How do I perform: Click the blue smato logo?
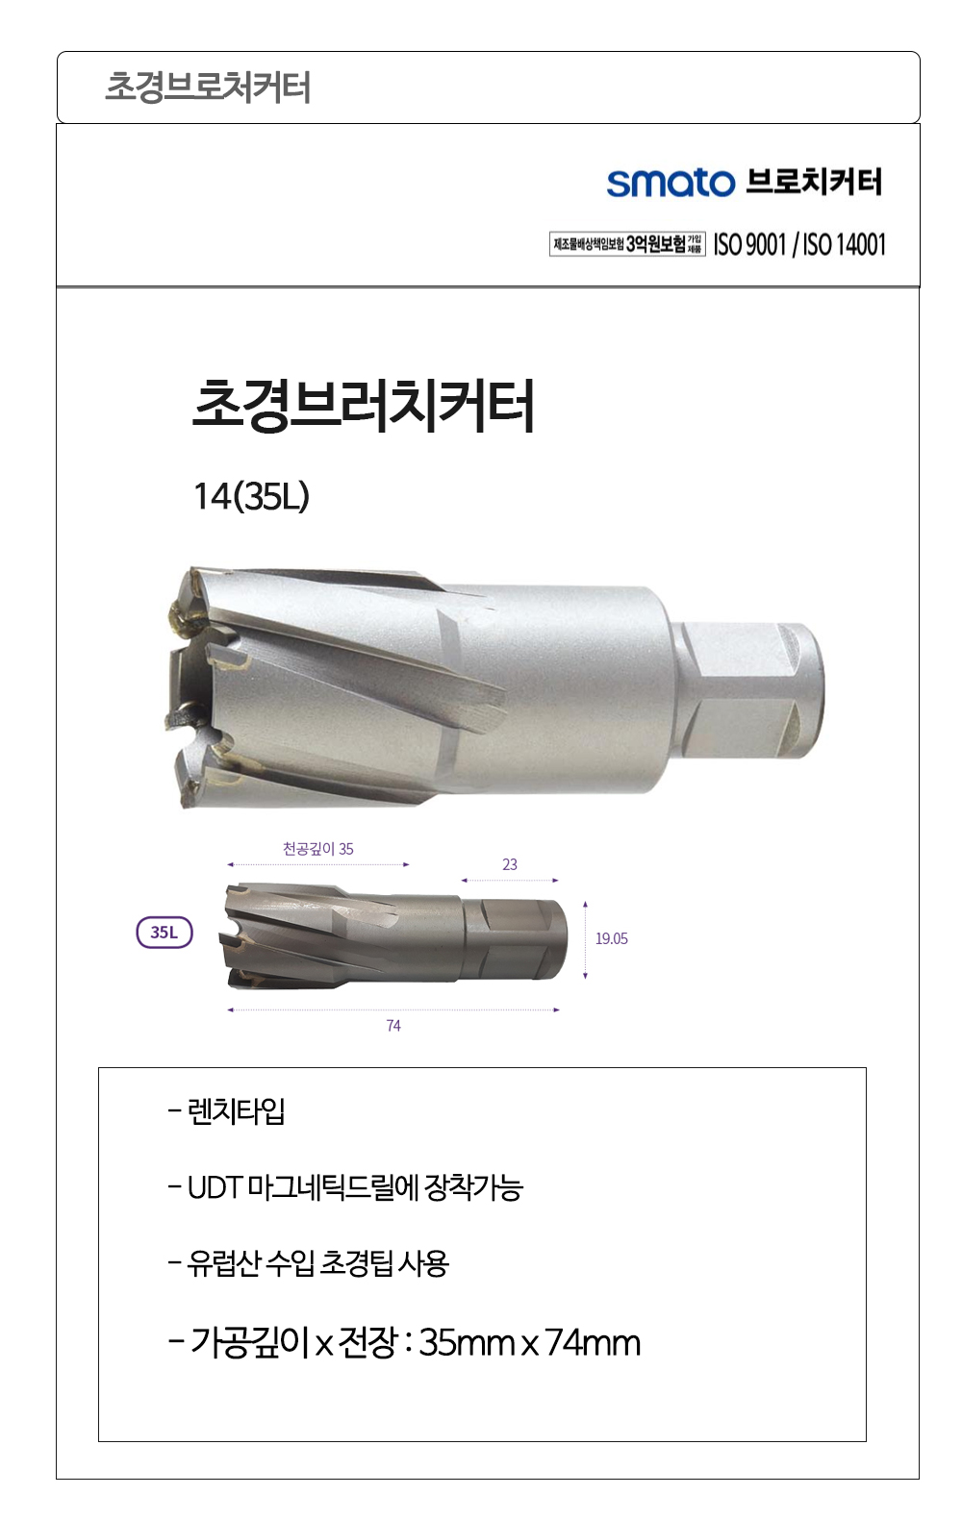(x=671, y=184)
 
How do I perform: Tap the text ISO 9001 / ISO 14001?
(x=799, y=244)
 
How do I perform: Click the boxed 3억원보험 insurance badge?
(x=627, y=244)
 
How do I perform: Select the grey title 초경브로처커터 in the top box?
(x=208, y=87)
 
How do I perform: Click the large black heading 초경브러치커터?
(x=364, y=406)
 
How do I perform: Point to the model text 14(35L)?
(x=251, y=497)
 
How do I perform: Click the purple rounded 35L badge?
(x=165, y=933)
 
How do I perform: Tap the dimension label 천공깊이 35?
(x=318, y=849)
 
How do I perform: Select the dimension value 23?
(x=510, y=864)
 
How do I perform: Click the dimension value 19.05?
(x=612, y=939)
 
